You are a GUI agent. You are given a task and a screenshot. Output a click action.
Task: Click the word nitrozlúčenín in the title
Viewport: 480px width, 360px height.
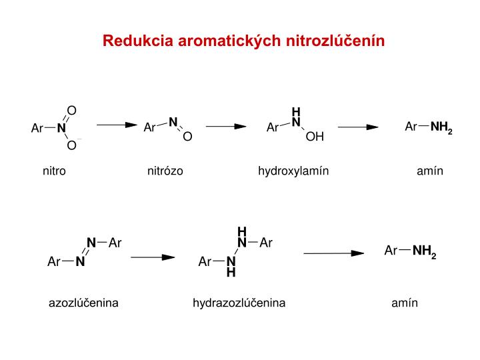click(x=335, y=41)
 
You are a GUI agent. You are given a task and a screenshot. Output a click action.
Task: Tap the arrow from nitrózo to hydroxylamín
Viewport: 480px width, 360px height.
click(x=226, y=125)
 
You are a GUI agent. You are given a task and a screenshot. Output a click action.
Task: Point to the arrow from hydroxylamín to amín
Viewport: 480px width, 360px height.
click(x=359, y=127)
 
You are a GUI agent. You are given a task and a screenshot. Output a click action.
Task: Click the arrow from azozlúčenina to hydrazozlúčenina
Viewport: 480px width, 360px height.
click(x=153, y=256)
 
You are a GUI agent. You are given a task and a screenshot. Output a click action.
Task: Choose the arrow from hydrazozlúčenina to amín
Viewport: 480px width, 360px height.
click(x=333, y=253)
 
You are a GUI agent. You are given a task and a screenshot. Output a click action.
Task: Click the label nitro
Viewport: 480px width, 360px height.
click(x=54, y=171)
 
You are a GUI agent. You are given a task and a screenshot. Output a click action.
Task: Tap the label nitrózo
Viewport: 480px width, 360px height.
click(x=165, y=171)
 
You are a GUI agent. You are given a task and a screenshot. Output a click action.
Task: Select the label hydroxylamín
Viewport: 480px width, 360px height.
click(x=293, y=171)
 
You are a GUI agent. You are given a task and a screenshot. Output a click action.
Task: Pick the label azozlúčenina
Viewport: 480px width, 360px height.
click(x=83, y=303)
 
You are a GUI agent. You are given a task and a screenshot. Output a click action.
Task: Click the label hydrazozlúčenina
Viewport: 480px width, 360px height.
click(x=239, y=303)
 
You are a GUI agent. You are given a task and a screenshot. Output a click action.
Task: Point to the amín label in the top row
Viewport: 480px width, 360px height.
click(x=430, y=171)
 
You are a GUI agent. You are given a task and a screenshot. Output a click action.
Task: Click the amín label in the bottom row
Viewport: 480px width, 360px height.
click(x=405, y=303)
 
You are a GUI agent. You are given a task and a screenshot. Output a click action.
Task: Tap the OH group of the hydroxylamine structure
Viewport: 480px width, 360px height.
click(x=315, y=137)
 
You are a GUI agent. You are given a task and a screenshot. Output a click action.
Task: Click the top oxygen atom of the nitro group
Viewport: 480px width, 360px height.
click(x=71, y=110)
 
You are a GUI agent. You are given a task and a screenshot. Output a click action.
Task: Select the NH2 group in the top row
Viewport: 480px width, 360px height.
click(x=441, y=127)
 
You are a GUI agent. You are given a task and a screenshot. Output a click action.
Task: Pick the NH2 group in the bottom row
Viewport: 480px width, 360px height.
click(x=424, y=252)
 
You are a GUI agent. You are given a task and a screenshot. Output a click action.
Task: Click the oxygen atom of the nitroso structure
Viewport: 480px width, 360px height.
click(x=187, y=137)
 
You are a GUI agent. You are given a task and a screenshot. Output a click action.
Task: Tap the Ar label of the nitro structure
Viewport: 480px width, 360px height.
click(x=37, y=128)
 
